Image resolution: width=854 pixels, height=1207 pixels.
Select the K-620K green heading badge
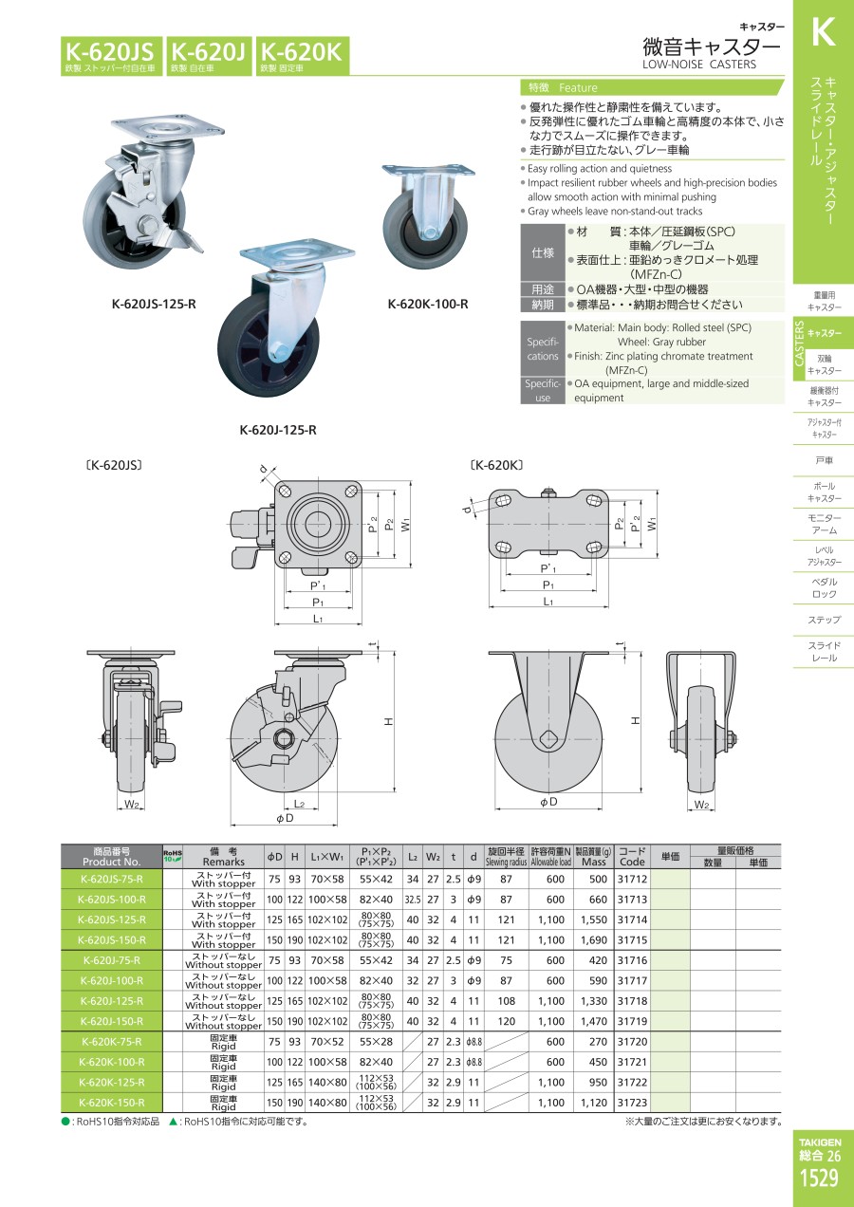tap(301, 55)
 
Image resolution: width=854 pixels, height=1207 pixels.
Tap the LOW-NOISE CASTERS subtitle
tap(699, 65)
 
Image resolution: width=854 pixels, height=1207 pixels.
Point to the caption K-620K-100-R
tap(427, 305)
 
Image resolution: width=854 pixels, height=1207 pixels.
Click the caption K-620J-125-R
tap(278, 430)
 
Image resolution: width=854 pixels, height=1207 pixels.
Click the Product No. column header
tap(111, 857)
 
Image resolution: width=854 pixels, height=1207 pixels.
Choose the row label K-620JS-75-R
tap(111, 879)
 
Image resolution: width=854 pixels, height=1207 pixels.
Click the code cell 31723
tap(632, 1103)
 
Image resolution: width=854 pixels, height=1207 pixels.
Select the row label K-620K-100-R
tap(111, 1062)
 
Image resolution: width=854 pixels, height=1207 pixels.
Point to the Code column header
tap(632, 857)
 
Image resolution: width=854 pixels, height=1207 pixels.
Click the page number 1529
tap(818, 1179)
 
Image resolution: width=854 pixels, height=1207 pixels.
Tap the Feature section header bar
tap(653, 86)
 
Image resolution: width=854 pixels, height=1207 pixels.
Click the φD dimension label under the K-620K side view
tap(548, 803)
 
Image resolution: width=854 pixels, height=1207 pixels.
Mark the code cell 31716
tap(632, 960)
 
